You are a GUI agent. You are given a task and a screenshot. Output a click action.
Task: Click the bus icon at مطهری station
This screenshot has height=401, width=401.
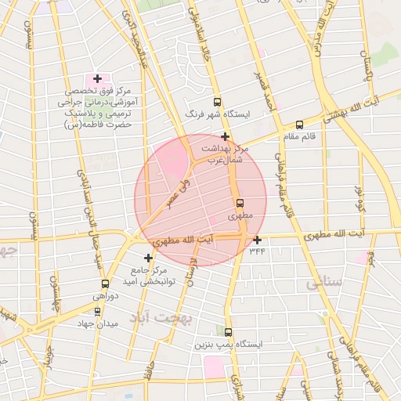(x=240, y=202)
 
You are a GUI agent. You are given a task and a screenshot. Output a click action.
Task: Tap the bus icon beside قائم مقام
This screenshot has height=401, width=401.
(x=299, y=125)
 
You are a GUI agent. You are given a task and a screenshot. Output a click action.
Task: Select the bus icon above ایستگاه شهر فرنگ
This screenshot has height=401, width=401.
(x=217, y=102)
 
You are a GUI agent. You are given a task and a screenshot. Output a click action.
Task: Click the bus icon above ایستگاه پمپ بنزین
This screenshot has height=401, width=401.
(x=228, y=332)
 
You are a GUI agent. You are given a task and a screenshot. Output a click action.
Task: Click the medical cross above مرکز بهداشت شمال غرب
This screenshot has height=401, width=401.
(x=225, y=136)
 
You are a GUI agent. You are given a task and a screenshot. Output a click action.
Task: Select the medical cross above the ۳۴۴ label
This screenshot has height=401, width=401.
(x=257, y=240)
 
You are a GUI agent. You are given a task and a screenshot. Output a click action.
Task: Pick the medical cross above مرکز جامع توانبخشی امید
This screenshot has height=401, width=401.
(x=148, y=258)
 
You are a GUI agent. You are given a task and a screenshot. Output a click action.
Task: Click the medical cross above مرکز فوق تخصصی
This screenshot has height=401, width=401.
(x=97, y=78)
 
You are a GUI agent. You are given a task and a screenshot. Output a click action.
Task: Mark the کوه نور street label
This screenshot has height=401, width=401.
(x=360, y=197)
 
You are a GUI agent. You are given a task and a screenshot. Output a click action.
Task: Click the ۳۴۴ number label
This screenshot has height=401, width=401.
(x=257, y=251)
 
